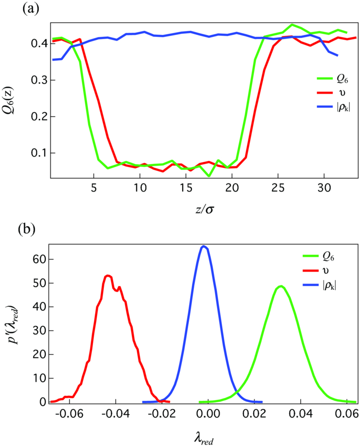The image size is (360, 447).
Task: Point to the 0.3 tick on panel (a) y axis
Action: [40, 80]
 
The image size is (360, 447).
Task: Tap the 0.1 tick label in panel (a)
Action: [40, 153]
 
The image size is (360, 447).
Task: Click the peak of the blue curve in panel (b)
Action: [204, 246]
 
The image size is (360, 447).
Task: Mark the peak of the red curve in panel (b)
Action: [108, 275]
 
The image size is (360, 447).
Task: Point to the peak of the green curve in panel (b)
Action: [280, 286]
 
